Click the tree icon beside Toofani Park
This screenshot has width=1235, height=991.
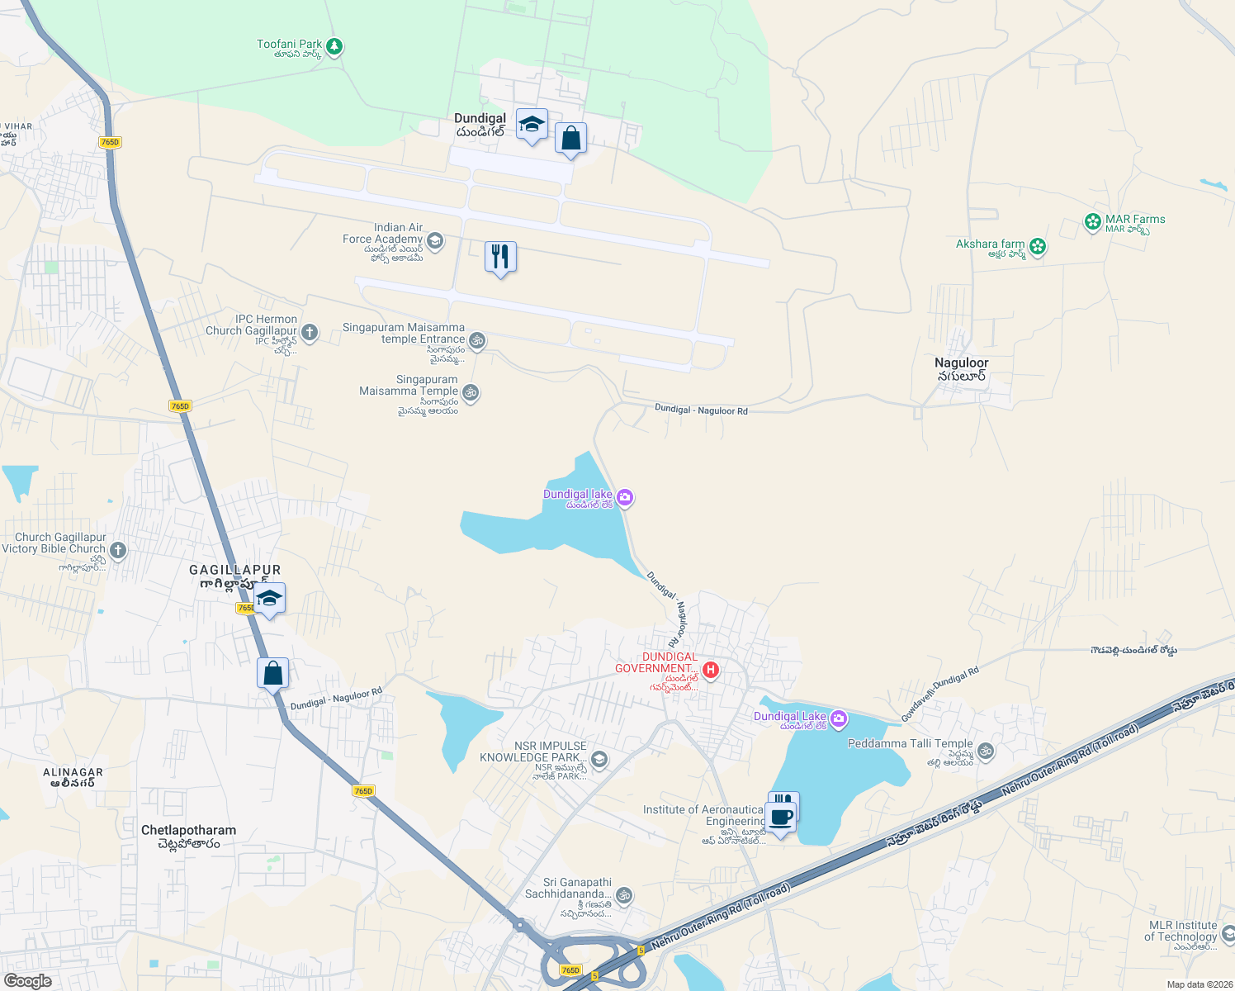pos(334,46)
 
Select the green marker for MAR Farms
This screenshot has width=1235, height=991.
pos(1093,221)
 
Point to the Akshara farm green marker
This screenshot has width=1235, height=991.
pos(1038,246)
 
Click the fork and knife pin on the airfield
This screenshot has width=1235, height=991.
pos(500,258)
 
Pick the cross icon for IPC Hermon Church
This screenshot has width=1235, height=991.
pos(310,333)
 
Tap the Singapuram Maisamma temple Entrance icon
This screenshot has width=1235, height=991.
pos(477,340)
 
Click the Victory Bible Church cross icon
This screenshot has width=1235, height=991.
pos(118,550)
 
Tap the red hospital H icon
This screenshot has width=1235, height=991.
pos(710,670)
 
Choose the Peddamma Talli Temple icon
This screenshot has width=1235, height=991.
pos(986,751)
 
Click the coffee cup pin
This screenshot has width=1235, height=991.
pos(781,818)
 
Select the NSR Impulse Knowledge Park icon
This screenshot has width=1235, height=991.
pos(600,759)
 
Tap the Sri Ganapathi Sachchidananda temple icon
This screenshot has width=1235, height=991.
pos(624,895)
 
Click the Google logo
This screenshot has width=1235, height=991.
pos(28,980)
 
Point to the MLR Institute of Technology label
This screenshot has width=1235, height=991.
pos(1182,931)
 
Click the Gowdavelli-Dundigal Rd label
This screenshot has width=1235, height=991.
pos(940,695)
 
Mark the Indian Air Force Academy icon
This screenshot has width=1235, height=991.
pos(436,241)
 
